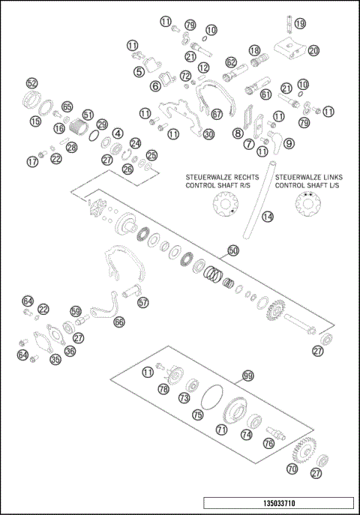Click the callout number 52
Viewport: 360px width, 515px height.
coord(31,82)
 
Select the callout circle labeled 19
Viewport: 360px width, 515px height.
coord(299,24)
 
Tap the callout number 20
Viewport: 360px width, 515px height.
coord(313,50)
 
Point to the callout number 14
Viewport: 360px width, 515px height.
coord(267,217)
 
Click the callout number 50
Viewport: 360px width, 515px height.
coord(232,250)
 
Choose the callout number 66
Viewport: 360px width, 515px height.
coord(119,322)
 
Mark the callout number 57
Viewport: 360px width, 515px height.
coord(142,303)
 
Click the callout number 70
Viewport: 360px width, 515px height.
coord(292,470)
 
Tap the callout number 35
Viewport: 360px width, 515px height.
coord(55,360)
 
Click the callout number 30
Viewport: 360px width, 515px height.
coord(208,134)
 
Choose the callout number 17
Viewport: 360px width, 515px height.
coord(31,161)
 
